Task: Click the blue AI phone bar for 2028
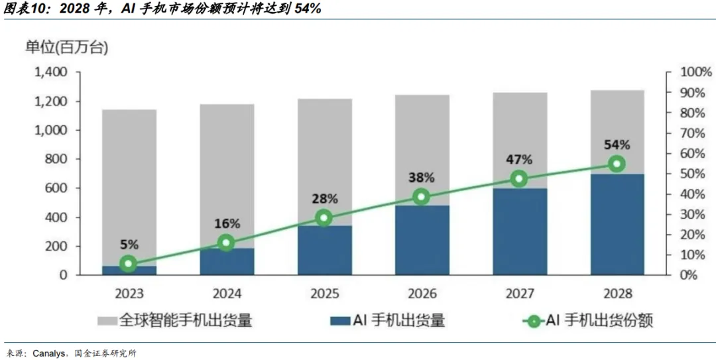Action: (617, 224)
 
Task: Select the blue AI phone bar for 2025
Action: (325, 251)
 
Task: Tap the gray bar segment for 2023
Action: (129, 188)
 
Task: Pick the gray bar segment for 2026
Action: (422, 150)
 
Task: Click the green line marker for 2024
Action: (226, 243)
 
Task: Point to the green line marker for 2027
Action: (518, 178)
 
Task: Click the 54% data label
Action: (617, 145)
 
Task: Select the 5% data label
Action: (129, 245)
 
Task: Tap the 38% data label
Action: (422, 178)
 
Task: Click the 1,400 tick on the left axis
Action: (51, 73)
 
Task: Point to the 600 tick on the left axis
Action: (56, 188)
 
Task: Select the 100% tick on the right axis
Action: (696, 72)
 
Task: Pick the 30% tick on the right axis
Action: (693, 214)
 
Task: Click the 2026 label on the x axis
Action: (422, 293)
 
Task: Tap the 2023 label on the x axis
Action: (129, 293)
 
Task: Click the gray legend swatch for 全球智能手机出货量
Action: (107, 321)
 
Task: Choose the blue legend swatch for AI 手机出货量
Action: (340, 321)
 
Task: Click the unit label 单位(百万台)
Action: (67, 48)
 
